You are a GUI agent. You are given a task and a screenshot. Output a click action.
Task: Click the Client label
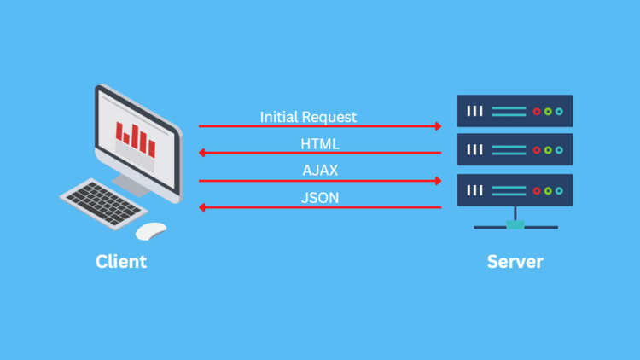[121, 261]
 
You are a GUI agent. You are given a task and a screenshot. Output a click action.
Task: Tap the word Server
[515, 261]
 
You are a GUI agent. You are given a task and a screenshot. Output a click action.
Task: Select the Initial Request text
[308, 116]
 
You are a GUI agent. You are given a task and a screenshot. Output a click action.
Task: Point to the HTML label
[320, 143]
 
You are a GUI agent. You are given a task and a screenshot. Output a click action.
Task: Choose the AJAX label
[320, 170]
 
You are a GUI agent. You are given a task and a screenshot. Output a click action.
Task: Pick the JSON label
[320, 197]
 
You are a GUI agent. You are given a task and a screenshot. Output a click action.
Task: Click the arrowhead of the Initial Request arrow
[439, 126]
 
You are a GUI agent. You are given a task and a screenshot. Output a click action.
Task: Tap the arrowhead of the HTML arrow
[202, 153]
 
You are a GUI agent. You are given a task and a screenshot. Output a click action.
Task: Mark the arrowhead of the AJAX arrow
[439, 181]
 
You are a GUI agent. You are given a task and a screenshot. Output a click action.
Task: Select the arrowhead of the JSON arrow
[202, 207]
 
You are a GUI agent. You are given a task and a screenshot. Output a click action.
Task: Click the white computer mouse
[151, 230]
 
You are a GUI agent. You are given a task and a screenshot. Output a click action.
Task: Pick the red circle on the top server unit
[537, 112]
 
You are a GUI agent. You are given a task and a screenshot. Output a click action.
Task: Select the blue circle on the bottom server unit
[559, 190]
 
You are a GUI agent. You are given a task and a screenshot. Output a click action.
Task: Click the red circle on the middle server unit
[537, 150]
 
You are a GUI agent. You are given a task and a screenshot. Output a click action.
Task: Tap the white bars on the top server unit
[475, 112]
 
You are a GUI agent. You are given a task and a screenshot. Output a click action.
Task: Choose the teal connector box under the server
[515, 225]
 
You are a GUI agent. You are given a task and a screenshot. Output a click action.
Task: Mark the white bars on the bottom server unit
[475, 190]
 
